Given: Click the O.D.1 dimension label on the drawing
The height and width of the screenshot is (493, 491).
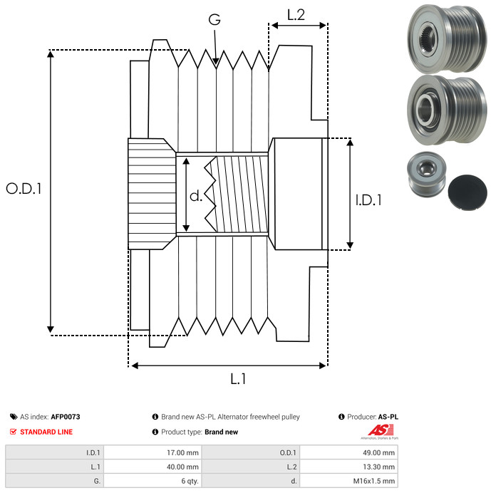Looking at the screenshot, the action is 24,189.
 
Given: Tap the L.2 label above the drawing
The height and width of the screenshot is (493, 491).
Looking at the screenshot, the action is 296,15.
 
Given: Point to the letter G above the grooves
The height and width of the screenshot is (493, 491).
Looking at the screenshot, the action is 215,19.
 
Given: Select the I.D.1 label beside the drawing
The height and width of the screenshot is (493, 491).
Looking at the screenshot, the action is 368,200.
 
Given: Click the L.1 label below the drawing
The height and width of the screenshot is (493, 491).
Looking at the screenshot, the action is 238,379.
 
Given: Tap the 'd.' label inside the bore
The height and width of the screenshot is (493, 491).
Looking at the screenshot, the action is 196,196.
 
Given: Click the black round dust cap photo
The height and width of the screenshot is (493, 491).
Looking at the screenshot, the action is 467,192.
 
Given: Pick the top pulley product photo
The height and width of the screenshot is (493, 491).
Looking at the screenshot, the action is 447,39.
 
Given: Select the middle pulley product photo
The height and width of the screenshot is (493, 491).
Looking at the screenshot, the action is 447,110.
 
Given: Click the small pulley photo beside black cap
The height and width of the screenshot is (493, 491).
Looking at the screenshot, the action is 427,175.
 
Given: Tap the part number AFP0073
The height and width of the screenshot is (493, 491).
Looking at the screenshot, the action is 66,417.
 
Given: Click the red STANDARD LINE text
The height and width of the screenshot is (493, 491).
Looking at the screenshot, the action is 46,432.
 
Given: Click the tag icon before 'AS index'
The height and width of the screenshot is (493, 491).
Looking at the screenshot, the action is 14,417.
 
